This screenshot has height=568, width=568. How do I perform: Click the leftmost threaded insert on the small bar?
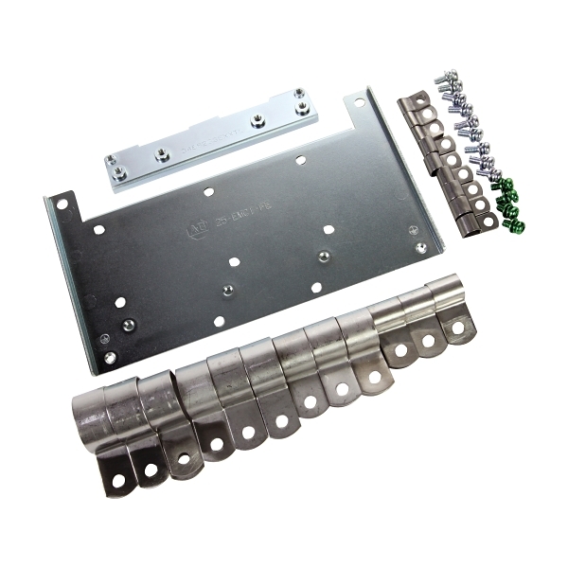click(120, 173)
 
